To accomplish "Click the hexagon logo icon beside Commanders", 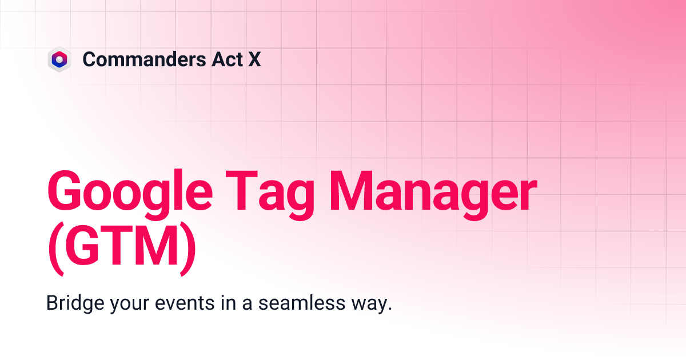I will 59,59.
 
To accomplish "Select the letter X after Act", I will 254,59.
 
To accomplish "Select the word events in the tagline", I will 188,302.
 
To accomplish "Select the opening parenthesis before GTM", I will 55,249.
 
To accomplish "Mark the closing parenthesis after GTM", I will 189,249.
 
